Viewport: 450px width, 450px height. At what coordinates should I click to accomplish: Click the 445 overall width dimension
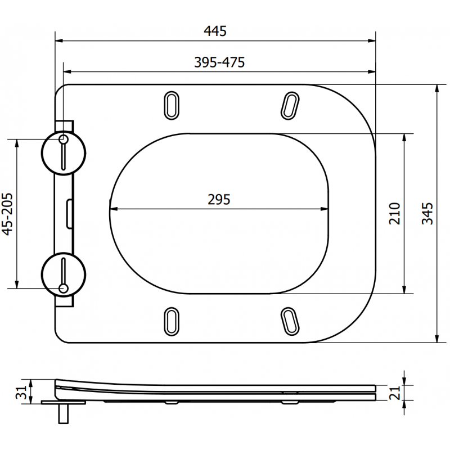click(x=215, y=31)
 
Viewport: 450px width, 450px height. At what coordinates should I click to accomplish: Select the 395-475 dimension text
click(x=219, y=62)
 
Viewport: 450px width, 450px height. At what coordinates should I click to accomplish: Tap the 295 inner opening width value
click(x=219, y=199)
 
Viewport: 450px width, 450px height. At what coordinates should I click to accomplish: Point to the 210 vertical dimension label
click(x=394, y=213)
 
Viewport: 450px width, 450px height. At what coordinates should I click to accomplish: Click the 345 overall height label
click(x=427, y=213)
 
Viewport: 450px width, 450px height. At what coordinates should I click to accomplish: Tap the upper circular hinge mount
click(x=64, y=153)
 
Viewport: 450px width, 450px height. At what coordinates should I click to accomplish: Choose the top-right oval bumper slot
click(x=290, y=105)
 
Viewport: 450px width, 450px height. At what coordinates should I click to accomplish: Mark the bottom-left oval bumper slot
click(x=172, y=321)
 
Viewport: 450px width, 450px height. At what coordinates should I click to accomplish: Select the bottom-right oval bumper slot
click(x=290, y=321)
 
